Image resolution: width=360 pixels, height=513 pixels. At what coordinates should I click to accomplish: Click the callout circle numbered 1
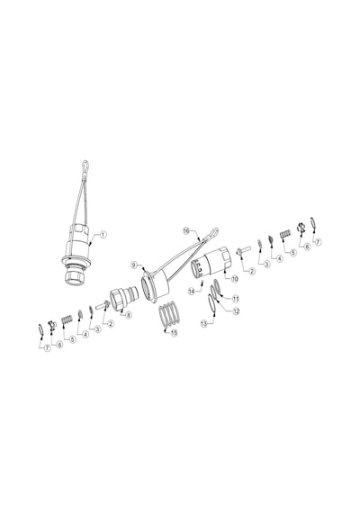pyautogui.click(x=103, y=235)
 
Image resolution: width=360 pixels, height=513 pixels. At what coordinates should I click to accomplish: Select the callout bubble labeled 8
pyautogui.click(x=129, y=315)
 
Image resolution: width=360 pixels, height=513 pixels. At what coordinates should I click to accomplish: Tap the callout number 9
pyautogui.click(x=134, y=265)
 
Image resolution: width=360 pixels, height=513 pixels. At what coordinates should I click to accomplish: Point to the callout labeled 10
pyautogui.click(x=235, y=279)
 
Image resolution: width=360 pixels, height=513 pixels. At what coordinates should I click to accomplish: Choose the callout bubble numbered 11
pyautogui.click(x=235, y=299)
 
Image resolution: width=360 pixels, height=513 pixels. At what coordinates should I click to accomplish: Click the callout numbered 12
pyautogui.click(x=236, y=311)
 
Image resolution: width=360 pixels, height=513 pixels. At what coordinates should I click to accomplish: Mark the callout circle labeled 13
pyautogui.click(x=204, y=324)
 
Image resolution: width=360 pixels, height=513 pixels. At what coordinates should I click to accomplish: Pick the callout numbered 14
pyautogui.click(x=192, y=291)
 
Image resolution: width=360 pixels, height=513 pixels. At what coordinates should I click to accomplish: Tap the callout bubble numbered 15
pyautogui.click(x=174, y=333)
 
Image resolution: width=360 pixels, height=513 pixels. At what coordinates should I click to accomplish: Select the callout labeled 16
pyautogui.click(x=186, y=231)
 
